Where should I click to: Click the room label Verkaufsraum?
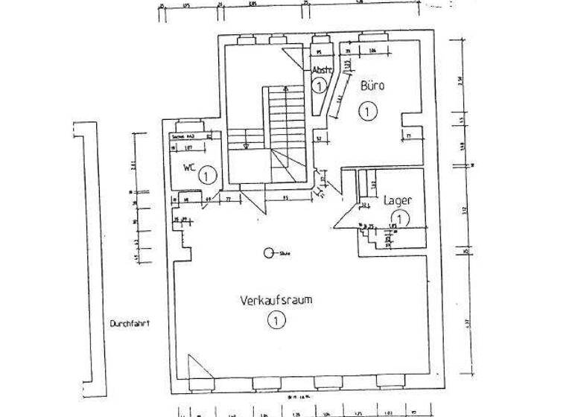click(x=275, y=302)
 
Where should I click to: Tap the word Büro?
click(x=372, y=86)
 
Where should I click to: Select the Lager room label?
click(x=398, y=200)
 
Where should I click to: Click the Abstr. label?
click(x=322, y=71)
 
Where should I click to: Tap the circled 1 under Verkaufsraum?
click(x=276, y=321)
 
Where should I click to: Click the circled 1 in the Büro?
click(x=367, y=112)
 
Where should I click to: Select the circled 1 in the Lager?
click(x=401, y=219)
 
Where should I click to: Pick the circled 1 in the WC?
click(x=208, y=176)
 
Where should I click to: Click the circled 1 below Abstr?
click(x=319, y=86)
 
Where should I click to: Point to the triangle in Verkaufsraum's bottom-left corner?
click(x=197, y=368)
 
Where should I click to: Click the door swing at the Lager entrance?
click(x=344, y=217)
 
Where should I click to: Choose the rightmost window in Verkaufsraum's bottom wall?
click(x=388, y=381)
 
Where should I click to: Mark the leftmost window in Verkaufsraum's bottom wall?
click(x=201, y=382)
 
